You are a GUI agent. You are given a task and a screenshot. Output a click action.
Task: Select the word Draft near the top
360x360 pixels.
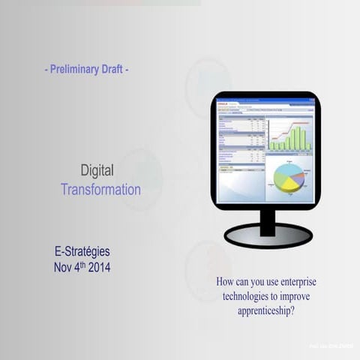click(112, 69)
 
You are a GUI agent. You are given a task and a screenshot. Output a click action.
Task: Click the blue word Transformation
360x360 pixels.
click(100, 190)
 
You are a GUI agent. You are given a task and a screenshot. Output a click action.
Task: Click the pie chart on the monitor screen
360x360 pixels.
click(288, 178)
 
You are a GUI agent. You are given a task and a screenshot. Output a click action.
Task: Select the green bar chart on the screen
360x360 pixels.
click(289, 137)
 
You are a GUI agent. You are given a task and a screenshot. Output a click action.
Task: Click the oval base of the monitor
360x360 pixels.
click(268, 235)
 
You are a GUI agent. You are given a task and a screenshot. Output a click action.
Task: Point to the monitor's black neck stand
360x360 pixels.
click(267, 217)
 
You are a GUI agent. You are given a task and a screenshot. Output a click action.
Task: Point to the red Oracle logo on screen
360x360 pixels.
click(223, 102)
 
